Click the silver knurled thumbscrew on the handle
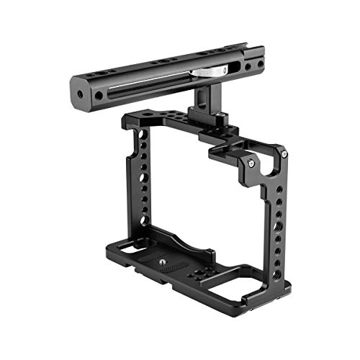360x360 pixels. [210, 71]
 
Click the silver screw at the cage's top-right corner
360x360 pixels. [284, 153]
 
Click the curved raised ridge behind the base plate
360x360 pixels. [184, 241]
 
